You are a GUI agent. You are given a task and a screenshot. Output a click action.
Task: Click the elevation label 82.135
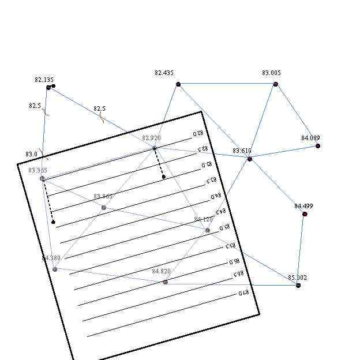click(44, 80)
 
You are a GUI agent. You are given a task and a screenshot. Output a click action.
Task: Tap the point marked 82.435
click(178, 84)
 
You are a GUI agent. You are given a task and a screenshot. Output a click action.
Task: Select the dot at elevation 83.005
click(276, 84)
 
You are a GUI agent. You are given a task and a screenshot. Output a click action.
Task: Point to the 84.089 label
click(310, 138)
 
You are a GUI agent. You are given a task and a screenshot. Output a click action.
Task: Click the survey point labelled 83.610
click(249, 159)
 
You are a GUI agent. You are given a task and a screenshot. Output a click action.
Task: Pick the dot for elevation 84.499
click(305, 214)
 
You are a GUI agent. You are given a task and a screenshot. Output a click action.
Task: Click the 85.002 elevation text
click(297, 277)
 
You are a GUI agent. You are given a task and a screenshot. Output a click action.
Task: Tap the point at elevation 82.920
click(155, 148)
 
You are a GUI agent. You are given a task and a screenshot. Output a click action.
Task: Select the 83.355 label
click(37, 170)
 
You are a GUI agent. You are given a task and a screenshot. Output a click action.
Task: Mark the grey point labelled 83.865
click(104, 208)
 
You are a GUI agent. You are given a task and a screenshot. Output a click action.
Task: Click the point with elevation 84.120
click(208, 230)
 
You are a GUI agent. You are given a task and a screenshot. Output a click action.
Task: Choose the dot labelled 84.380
click(55, 269)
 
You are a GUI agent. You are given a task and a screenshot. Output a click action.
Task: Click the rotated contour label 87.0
click(245, 293)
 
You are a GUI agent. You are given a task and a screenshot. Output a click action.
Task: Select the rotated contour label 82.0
click(197, 134)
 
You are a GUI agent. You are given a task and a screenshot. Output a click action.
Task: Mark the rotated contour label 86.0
click(234, 261)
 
